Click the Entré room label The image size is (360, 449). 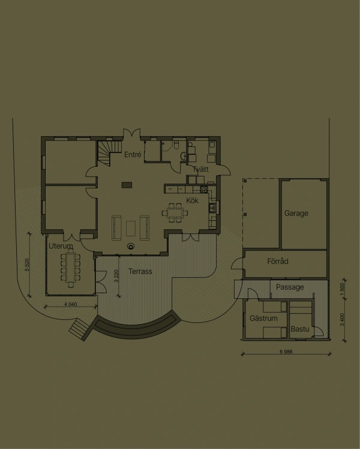click(x=133, y=155)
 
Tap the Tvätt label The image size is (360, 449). click(x=200, y=169)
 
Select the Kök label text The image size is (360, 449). click(x=193, y=200)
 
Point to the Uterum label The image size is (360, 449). click(x=61, y=246)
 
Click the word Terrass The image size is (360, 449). click(x=140, y=271)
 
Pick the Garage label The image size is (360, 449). click(x=296, y=213)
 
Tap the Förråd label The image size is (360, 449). click(x=278, y=261)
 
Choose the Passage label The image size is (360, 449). click(x=290, y=287)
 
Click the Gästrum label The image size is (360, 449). click(x=263, y=318)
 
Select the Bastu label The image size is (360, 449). click(x=300, y=329)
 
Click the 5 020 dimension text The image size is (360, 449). click(x=27, y=265)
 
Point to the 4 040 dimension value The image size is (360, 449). click(x=70, y=304)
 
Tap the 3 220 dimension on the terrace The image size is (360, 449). click(x=116, y=276)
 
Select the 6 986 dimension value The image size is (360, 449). click(x=286, y=352)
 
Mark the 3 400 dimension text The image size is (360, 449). click(x=342, y=319)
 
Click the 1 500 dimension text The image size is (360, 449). click(x=342, y=290)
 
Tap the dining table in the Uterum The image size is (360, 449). click(x=70, y=268)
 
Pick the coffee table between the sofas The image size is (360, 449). click(x=131, y=229)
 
